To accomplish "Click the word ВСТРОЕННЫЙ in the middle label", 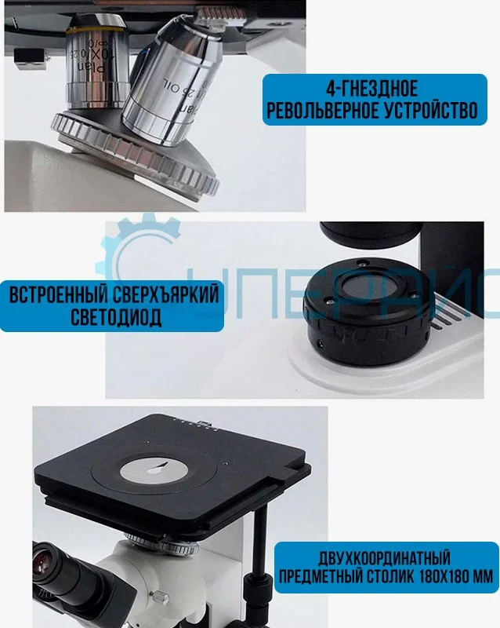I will coord(56,296).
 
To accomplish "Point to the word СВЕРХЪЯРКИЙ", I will coord(163,296).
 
